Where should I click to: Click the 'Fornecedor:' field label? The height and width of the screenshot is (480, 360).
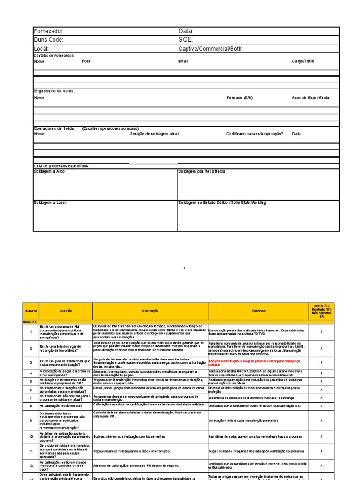[49, 31]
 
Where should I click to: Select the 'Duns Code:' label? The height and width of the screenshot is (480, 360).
[48, 40]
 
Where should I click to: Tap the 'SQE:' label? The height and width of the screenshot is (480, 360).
[186, 40]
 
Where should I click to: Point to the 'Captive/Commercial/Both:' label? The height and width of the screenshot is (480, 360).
[210, 49]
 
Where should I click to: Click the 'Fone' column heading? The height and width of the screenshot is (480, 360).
[87, 61]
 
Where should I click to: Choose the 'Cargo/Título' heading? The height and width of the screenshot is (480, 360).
[303, 61]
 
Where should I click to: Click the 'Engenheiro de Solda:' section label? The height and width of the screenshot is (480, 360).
[54, 91]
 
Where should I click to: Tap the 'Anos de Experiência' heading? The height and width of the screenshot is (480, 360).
[311, 98]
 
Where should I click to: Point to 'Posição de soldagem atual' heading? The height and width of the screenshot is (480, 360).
[154, 134]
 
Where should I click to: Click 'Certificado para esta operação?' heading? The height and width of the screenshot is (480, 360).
[255, 134]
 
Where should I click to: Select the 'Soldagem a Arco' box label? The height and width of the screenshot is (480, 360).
[49, 172]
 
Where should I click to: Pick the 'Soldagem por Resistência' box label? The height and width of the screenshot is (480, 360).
[202, 172]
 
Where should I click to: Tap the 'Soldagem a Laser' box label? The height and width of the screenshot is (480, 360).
[50, 202]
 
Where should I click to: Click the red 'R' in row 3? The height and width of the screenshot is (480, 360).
[335, 363]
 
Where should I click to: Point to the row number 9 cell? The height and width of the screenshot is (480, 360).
[30, 421]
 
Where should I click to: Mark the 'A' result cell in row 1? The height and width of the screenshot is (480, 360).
[335, 332]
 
